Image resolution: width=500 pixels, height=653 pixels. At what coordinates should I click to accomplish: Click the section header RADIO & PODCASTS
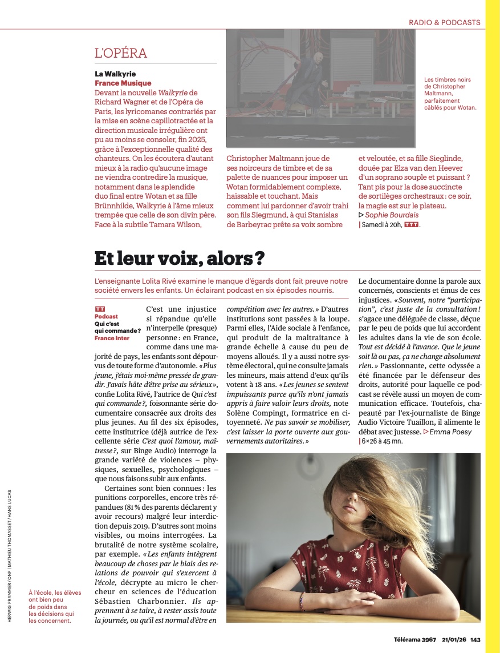coord(444,23)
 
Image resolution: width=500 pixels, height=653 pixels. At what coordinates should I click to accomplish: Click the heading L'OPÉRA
coord(121,54)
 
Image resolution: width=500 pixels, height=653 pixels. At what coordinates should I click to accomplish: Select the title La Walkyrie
coord(115,74)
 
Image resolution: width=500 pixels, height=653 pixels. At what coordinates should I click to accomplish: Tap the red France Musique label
coord(123,83)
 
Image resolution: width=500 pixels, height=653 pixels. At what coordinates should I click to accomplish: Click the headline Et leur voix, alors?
coord(180,258)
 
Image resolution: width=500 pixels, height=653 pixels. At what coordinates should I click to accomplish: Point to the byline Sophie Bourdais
coord(391,215)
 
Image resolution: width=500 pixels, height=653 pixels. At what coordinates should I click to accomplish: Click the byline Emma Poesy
coord(451,432)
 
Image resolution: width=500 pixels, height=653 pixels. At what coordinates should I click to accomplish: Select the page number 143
coord(475,639)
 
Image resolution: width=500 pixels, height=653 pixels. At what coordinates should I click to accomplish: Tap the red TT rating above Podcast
coord(100,309)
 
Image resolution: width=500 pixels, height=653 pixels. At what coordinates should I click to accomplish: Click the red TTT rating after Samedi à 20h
coord(411,224)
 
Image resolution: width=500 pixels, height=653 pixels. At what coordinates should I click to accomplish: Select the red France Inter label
coord(112,338)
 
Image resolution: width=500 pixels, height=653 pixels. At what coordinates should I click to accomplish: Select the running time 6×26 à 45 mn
coord(383,441)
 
